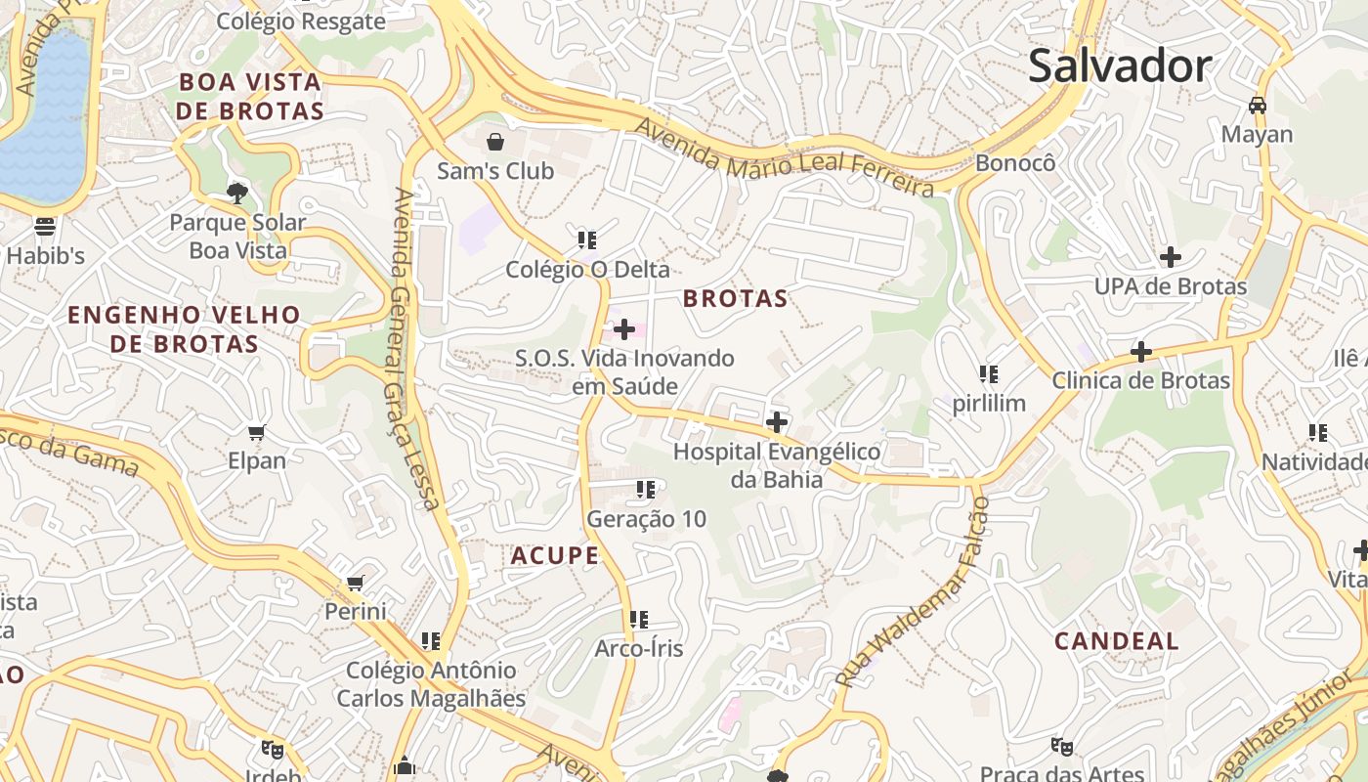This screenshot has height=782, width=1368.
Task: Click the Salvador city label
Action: point(1120,66)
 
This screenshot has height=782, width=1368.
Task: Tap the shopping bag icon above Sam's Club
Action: point(495,143)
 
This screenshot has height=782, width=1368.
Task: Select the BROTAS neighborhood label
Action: point(735,298)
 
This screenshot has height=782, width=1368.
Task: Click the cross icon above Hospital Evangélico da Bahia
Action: point(777,422)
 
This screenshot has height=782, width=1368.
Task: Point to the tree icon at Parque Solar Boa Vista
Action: point(236,193)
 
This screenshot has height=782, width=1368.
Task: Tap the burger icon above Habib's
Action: point(45,227)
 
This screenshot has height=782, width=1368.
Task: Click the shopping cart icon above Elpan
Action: point(257,432)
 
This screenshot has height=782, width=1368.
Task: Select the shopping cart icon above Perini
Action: point(356,584)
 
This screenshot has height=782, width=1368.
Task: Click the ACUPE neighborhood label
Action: point(554,556)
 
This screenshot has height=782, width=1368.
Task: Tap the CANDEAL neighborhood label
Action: point(1117,641)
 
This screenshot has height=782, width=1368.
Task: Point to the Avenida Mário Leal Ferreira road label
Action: point(785,156)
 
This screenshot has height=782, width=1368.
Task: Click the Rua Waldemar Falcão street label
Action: point(913,592)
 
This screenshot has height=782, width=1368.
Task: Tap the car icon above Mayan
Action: point(1258,105)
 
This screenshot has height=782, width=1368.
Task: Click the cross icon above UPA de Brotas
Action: point(1170,257)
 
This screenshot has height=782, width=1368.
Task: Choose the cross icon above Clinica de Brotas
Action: point(1140,351)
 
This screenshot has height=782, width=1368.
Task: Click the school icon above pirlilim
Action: point(989,374)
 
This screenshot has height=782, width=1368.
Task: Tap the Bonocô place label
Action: point(1015,162)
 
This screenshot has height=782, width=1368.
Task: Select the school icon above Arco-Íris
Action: point(639,619)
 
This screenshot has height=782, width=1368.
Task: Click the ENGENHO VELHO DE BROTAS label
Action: point(184,329)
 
